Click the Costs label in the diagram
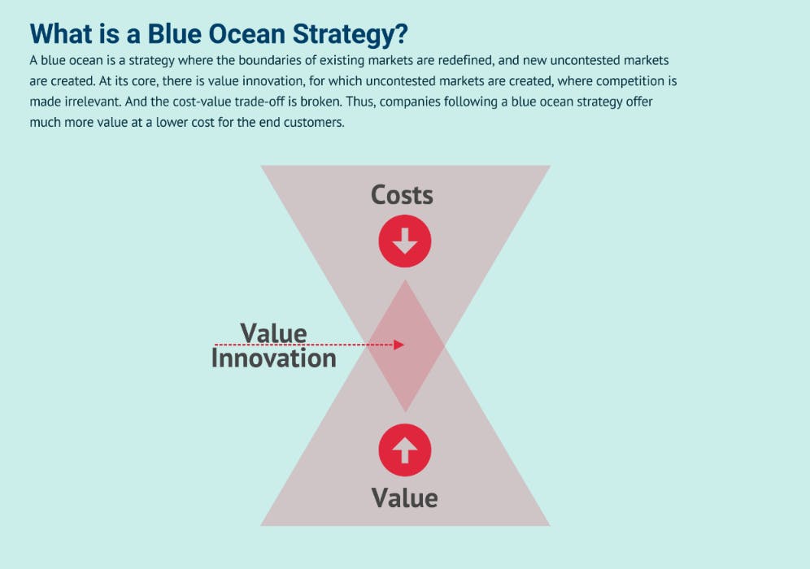[x=402, y=195]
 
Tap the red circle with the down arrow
[x=404, y=241]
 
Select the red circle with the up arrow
[x=404, y=450]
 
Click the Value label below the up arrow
[x=404, y=497]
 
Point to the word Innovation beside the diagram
[x=273, y=358]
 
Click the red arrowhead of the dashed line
[x=398, y=345]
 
